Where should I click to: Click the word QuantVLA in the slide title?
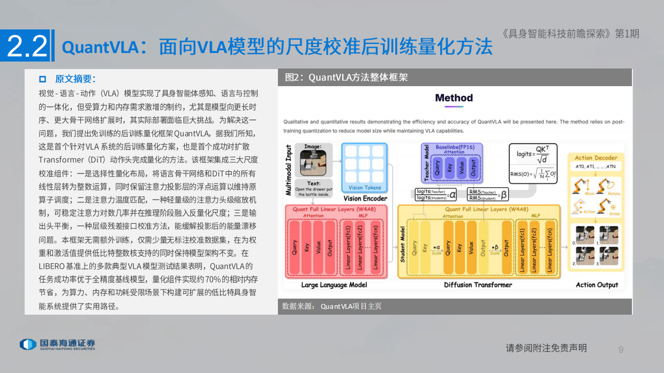(x=100, y=47)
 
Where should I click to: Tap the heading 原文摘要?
(x=75, y=79)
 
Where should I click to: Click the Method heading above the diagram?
(x=454, y=98)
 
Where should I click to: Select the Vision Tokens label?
(x=365, y=188)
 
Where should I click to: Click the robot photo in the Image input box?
(x=313, y=163)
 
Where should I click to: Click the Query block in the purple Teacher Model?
(x=437, y=169)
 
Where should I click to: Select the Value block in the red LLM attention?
(x=318, y=247)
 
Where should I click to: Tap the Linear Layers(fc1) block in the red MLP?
(x=348, y=247)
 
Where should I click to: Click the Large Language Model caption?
(x=334, y=285)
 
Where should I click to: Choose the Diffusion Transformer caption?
(x=478, y=285)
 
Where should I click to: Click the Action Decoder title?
(x=595, y=158)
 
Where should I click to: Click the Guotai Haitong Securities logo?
(x=57, y=344)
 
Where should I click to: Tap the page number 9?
(x=621, y=349)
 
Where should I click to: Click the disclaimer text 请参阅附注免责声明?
(x=546, y=348)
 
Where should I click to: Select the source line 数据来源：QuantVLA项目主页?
(x=332, y=307)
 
